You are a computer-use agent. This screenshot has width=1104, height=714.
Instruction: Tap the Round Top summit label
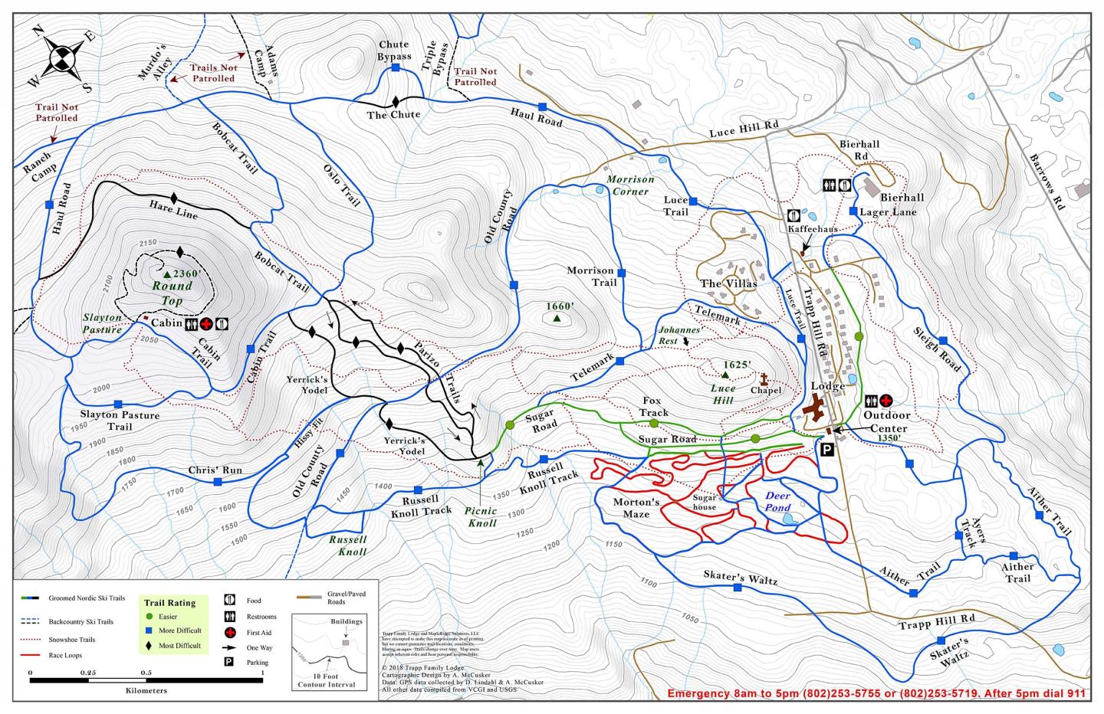172,293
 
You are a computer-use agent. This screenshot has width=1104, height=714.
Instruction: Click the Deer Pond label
777,502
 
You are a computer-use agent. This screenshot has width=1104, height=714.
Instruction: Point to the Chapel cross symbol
764,378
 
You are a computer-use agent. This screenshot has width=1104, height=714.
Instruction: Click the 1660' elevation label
560,306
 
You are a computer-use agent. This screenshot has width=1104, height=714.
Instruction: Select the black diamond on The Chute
396,101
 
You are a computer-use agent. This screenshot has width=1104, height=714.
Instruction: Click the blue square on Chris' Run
218,482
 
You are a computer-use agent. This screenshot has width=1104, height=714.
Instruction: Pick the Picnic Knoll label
481,516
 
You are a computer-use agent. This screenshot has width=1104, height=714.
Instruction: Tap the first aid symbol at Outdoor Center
886,400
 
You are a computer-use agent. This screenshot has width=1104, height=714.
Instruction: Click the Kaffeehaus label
812,228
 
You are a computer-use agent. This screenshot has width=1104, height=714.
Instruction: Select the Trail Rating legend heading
169,603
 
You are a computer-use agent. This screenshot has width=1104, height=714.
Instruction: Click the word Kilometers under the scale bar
146,690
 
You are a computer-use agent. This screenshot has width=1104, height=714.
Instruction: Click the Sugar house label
704,503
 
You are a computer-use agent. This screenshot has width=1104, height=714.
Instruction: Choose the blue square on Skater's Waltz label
737,588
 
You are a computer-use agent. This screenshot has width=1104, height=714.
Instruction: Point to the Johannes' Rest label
678,335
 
